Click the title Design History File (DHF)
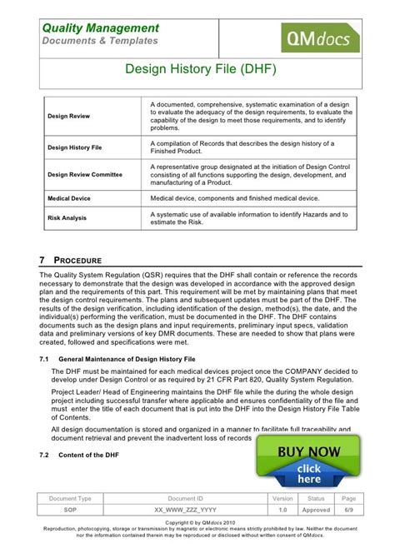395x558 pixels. [197, 72]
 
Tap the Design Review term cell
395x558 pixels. [69, 116]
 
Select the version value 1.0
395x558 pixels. [282, 509]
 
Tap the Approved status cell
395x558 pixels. [317, 509]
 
